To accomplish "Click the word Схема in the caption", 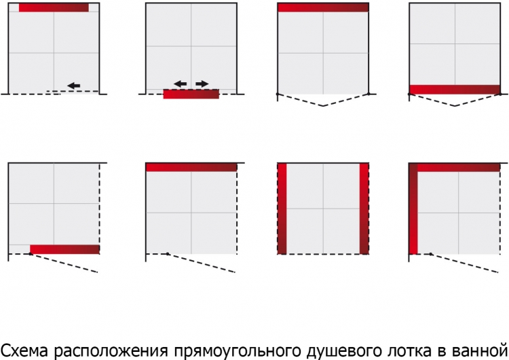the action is pyautogui.click(x=25, y=350).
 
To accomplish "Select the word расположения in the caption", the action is pyautogui.click(x=111, y=351).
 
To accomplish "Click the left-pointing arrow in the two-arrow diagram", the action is pyautogui.click(x=180, y=84).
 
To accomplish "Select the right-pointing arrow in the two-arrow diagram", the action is pyautogui.click(x=202, y=84).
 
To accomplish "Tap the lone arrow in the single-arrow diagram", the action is pyautogui.click(x=74, y=86).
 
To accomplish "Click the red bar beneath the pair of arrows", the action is pyautogui.click(x=191, y=94).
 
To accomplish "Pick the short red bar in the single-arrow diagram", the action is pyautogui.click(x=54, y=7).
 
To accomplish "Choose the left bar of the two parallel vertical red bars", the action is pyautogui.click(x=282, y=209).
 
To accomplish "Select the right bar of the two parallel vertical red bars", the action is pyautogui.click(x=364, y=209).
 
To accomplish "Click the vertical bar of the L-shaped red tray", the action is pyautogui.click(x=413, y=209).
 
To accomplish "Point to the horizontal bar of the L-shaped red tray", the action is pyautogui.click(x=458, y=168).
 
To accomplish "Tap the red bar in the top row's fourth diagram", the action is pyautogui.click(x=455, y=90).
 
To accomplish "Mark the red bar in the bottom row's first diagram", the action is pyautogui.click(x=64, y=249).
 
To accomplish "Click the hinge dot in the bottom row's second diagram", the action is pyautogui.click(x=168, y=254).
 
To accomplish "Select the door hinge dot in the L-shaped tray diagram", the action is pyautogui.click(x=431, y=254).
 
